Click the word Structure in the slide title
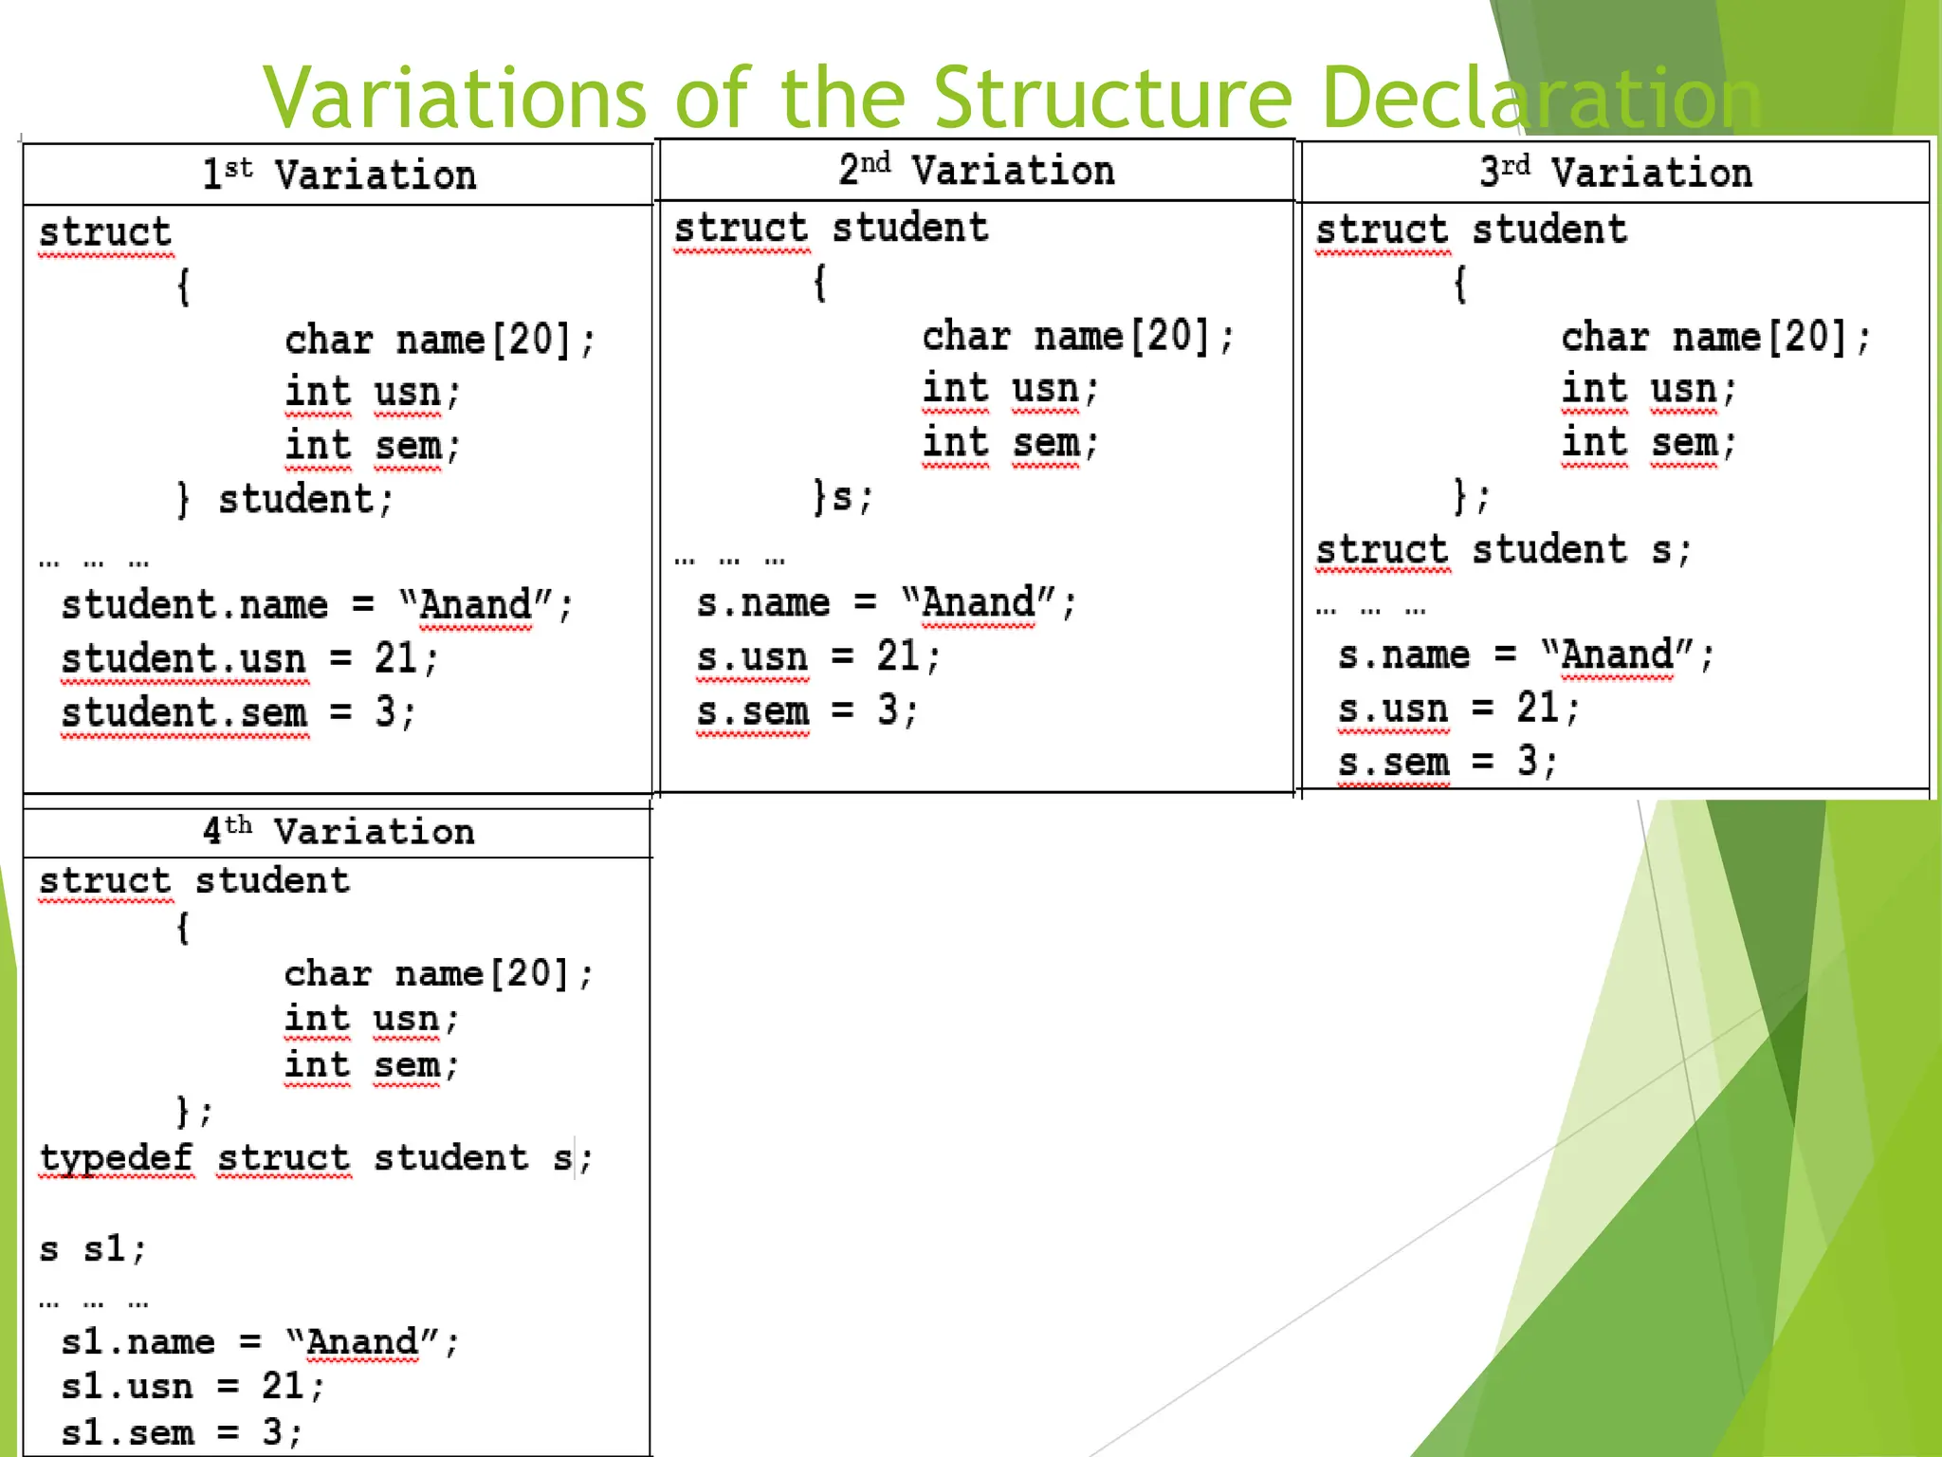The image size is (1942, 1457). (x=1113, y=98)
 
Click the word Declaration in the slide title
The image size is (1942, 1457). (x=1540, y=98)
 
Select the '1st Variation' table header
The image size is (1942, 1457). (x=339, y=175)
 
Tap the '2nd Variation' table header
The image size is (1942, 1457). (x=976, y=171)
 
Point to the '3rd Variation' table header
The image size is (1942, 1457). (x=1615, y=173)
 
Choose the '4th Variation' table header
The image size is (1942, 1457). (x=338, y=832)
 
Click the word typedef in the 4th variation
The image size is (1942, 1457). (x=116, y=1158)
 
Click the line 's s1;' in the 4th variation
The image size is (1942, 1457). (x=93, y=1249)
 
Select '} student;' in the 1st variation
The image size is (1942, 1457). (x=284, y=500)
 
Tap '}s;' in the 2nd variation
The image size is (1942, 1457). (x=842, y=496)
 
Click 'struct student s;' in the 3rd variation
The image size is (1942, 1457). (x=1503, y=550)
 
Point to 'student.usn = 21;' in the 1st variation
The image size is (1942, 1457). (x=249, y=658)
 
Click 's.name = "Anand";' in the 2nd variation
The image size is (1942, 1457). (x=886, y=603)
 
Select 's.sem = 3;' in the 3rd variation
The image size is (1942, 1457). (x=1447, y=762)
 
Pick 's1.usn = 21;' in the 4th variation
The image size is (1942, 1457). (x=192, y=1387)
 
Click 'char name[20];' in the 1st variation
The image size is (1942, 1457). (x=440, y=341)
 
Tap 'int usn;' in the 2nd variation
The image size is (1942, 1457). (x=1010, y=389)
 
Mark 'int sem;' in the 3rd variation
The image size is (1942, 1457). (x=1649, y=443)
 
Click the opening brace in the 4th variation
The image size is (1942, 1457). (x=183, y=927)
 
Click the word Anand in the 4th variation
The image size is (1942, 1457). (x=362, y=1342)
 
